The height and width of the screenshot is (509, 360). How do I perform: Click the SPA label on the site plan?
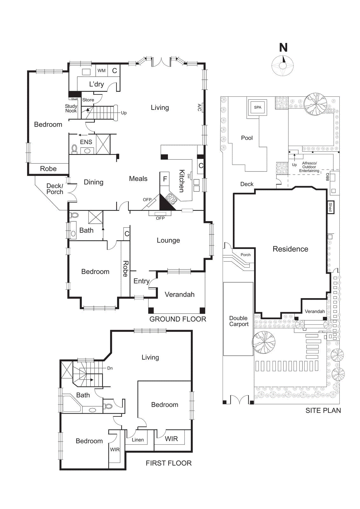click(258, 108)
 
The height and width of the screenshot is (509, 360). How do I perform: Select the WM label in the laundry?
click(101, 71)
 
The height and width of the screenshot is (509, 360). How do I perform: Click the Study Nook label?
click(71, 108)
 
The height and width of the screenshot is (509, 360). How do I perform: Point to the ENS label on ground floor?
click(86, 142)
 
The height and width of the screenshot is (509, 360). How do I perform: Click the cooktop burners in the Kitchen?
click(172, 199)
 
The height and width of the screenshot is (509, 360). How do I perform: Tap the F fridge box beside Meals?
click(165, 179)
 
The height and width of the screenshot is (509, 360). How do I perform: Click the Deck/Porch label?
click(55, 189)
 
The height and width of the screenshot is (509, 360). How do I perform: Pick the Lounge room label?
click(168, 241)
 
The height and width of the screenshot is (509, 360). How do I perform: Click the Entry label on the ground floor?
click(142, 281)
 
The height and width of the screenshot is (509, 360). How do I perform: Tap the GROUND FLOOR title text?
click(178, 319)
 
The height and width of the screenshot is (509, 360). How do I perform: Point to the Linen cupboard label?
click(138, 440)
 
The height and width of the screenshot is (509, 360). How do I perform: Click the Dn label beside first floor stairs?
click(110, 368)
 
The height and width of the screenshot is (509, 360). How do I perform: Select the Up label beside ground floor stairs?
click(124, 113)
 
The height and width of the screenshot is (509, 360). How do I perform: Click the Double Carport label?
click(239, 321)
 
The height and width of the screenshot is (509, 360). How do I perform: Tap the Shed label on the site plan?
click(330, 207)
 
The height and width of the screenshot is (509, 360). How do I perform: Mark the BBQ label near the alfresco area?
click(328, 177)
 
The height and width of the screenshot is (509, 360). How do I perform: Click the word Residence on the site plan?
click(290, 249)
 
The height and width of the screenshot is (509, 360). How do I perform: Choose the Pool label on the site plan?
click(247, 138)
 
